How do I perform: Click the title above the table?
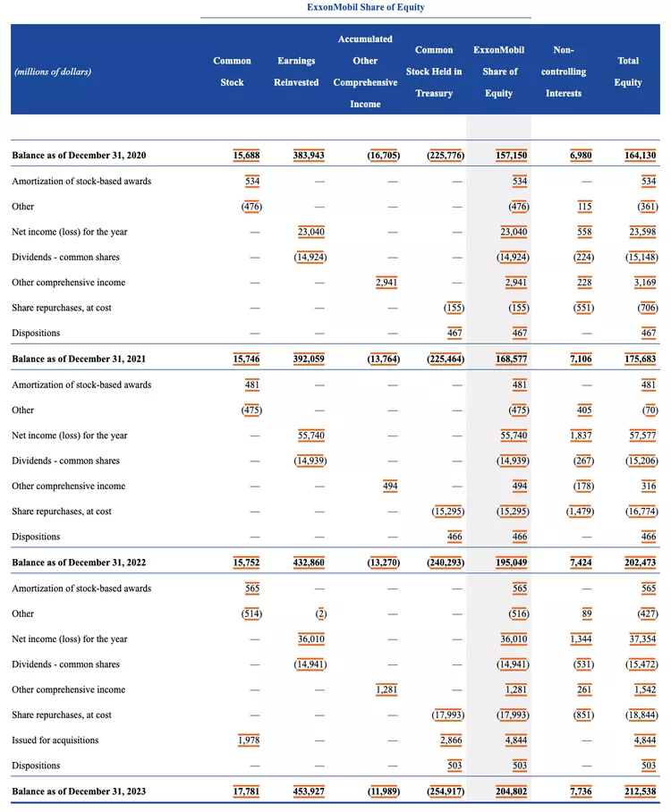(365, 7)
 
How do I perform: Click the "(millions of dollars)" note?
(53, 72)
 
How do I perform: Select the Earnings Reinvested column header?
(296, 72)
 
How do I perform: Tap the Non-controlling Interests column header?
(564, 72)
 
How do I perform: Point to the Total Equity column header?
(628, 72)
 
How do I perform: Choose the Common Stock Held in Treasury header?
(434, 72)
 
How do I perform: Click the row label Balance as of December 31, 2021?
(79, 359)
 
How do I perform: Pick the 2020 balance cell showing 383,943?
(309, 156)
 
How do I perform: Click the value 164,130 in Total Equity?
(641, 156)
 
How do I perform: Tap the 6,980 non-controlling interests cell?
(581, 156)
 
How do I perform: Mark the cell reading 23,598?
(642, 232)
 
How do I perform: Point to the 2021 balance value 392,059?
(309, 359)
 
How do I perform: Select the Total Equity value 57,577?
(642, 436)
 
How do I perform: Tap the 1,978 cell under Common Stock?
(248, 740)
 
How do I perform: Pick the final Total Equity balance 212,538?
(641, 791)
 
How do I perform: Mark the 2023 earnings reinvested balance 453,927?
(309, 791)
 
